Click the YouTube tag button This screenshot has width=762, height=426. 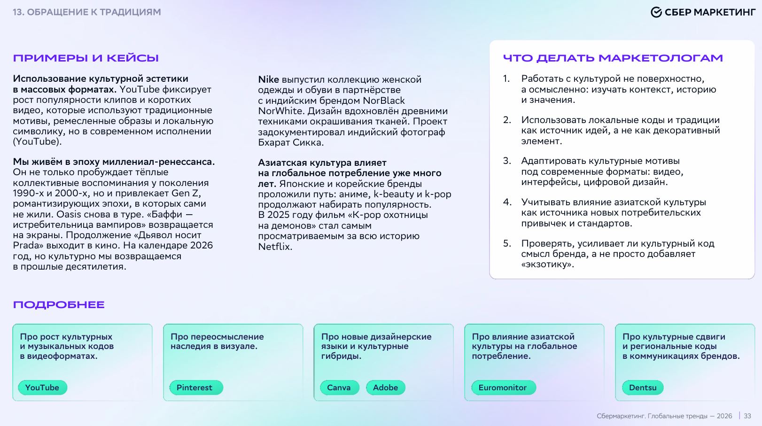pyautogui.click(x=42, y=387)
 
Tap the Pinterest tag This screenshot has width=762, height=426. pyautogui.click(x=194, y=387)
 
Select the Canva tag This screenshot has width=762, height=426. pyautogui.click(x=339, y=387)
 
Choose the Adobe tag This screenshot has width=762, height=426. pyautogui.click(x=385, y=387)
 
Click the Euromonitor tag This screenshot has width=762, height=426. pyautogui.click(x=503, y=387)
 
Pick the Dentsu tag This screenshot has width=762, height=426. pyautogui.click(x=643, y=387)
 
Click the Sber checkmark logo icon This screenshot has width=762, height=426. pyautogui.click(x=656, y=12)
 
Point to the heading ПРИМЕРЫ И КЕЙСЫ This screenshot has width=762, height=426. pyautogui.click(x=86, y=58)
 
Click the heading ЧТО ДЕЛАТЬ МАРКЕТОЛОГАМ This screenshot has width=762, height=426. pyautogui.click(x=613, y=58)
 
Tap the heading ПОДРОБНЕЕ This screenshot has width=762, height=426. pyautogui.click(x=59, y=305)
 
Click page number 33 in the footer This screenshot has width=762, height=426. pyautogui.click(x=747, y=416)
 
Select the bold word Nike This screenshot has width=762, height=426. pyautogui.click(x=268, y=79)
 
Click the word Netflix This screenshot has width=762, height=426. pyautogui.click(x=275, y=247)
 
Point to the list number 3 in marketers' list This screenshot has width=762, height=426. pyautogui.click(x=507, y=161)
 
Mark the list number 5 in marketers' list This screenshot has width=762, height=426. pyautogui.click(x=507, y=243)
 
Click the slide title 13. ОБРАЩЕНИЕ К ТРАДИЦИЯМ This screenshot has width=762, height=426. pyautogui.click(x=87, y=12)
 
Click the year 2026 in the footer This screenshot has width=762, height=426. pyautogui.click(x=724, y=416)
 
